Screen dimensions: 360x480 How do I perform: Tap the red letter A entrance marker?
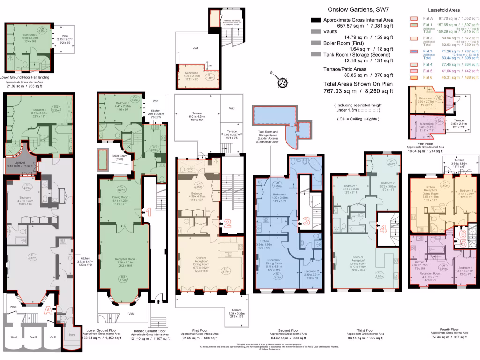coord(47,309)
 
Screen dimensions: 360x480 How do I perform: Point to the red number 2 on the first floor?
coord(227,224)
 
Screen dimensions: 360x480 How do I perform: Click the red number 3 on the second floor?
coord(306,221)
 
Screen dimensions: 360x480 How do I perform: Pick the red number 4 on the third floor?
coord(383,229)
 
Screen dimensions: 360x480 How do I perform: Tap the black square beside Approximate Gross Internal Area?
coord(316,20)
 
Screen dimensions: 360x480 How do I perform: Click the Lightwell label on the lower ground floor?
coord(19,163)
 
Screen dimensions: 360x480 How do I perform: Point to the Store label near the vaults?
coord(71,335)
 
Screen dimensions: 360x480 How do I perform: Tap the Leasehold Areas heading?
coord(444,10)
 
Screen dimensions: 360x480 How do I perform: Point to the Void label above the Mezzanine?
coord(195,48)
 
